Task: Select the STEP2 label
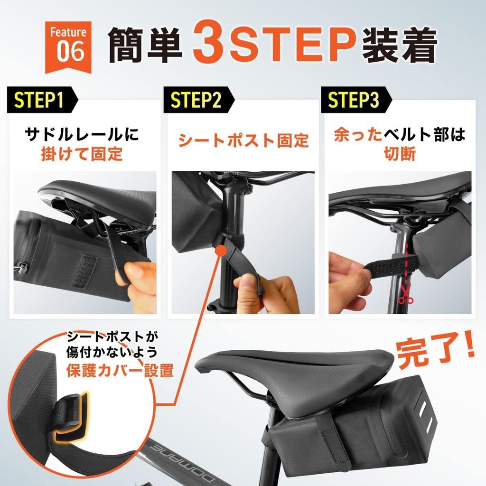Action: click(x=196, y=101)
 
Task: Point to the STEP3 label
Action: click(x=354, y=101)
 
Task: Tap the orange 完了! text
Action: click(x=435, y=353)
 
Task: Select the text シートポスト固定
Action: click(x=243, y=140)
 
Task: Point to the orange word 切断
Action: click(x=400, y=154)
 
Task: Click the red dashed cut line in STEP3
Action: click(x=406, y=266)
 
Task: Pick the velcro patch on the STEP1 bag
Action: click(x=84, y=271)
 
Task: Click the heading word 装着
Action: click(x=399, y=46)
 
